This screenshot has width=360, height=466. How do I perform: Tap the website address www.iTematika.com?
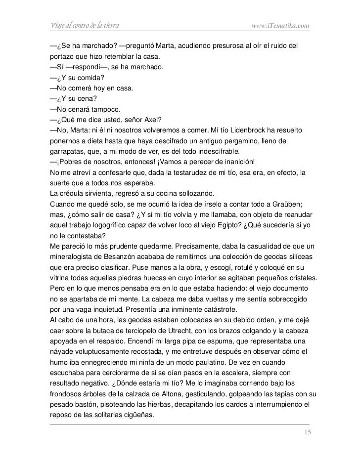point(280,25)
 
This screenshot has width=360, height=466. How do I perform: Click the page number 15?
point(308,433)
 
